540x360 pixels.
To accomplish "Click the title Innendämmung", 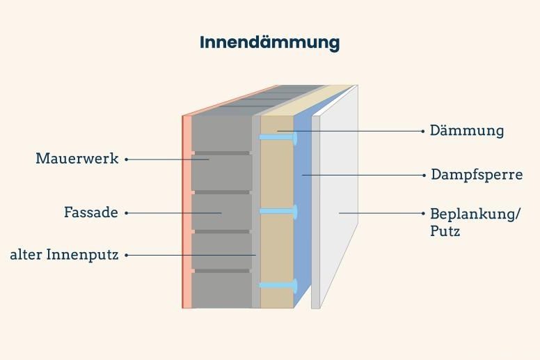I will point(269,42).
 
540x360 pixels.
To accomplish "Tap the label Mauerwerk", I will point(77,159).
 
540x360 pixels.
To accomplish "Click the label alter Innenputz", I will point(63,255).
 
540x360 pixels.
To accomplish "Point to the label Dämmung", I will point(466,130).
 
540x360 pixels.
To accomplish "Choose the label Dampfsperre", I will point(476,174).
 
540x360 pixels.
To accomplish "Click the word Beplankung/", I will point(475,213).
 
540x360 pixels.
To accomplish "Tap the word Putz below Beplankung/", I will point(445,230).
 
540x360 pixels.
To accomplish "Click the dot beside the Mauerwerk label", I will point(127,159).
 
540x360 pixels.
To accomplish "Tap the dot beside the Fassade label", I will point(127,213).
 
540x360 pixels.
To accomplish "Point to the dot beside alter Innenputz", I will point(127,256).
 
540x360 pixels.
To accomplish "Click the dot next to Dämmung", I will point(424,130).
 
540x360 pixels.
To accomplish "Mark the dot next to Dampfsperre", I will point(424,175).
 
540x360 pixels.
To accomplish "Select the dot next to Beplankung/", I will point(424,213).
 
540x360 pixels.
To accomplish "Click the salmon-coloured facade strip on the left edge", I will point(186,209).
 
